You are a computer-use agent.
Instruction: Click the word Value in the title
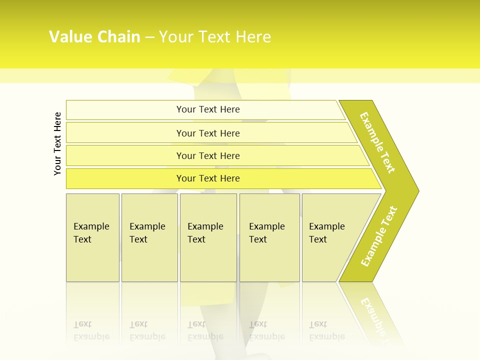pyautogui.click(x=69, y=37)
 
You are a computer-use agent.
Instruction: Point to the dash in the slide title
pyautogui.click(x=149, y=37)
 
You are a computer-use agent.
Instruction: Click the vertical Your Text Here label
pyautogui.click(x=57, y=143)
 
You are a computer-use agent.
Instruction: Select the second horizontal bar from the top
pyautogui.click(x=208, y=133)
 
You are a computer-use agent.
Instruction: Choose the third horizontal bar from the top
pyautogui.click(x=208, y=155)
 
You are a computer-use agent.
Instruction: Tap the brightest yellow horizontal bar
pyautogui.click(x=208, y=178)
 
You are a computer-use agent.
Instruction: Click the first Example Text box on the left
pyautogui.click(x=92, y=237)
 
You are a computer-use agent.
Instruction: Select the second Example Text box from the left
pyautogui.click(x=149, y=237)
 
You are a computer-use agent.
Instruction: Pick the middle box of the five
pyautogui.click(x=208, y=237)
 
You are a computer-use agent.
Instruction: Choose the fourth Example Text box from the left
pyautogui.click(x=269, y=237)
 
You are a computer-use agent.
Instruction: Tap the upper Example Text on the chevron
pyautogui.click(x=377, y=142)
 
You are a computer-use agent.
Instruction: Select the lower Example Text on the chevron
pyautogui.click(x=379, y=236)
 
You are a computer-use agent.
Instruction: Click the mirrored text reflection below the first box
pyautogui.click(x=91, y=330)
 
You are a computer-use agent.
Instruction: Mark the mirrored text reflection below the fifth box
pyautogui.click(x=326, y=330)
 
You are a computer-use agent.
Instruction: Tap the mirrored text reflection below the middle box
pyautogui.click(x=205, y=330)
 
